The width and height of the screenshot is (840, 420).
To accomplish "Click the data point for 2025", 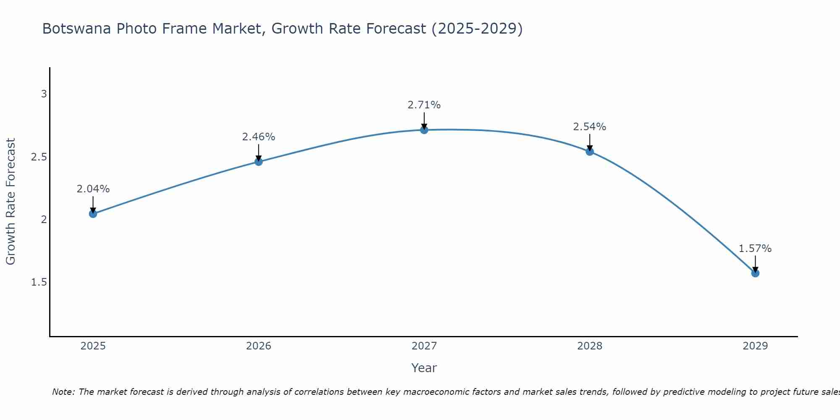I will [93, 214].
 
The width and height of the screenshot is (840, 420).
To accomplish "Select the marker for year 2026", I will [259, 162].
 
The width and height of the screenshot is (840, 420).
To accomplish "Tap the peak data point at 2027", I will [424, 130].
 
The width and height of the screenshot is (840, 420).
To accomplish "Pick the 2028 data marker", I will [590, 152].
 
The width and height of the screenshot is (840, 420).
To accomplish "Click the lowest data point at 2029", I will [755, 273].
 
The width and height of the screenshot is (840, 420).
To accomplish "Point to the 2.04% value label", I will [93, 189].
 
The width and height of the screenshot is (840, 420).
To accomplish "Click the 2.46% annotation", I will [259, 137].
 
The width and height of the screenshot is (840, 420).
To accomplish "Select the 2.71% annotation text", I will [424, 105].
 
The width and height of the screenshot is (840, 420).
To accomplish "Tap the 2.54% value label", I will [590, 127].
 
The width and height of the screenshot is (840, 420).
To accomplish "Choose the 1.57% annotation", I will [755, 249].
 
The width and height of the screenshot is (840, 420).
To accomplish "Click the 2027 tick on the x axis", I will [424, 346].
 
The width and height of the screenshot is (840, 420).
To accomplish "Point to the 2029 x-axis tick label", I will [755, 346].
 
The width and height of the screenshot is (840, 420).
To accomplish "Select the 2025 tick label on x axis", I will [93, 346].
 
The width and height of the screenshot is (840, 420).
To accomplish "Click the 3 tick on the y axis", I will [44, 94].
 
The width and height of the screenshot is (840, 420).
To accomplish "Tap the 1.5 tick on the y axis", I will [39, 282].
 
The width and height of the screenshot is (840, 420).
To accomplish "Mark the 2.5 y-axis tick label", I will [39, 157].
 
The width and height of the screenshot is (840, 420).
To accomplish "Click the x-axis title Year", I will [424, 368].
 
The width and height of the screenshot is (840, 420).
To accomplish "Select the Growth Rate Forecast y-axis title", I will [10, 202].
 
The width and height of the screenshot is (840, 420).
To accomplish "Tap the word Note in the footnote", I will [63, 392].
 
